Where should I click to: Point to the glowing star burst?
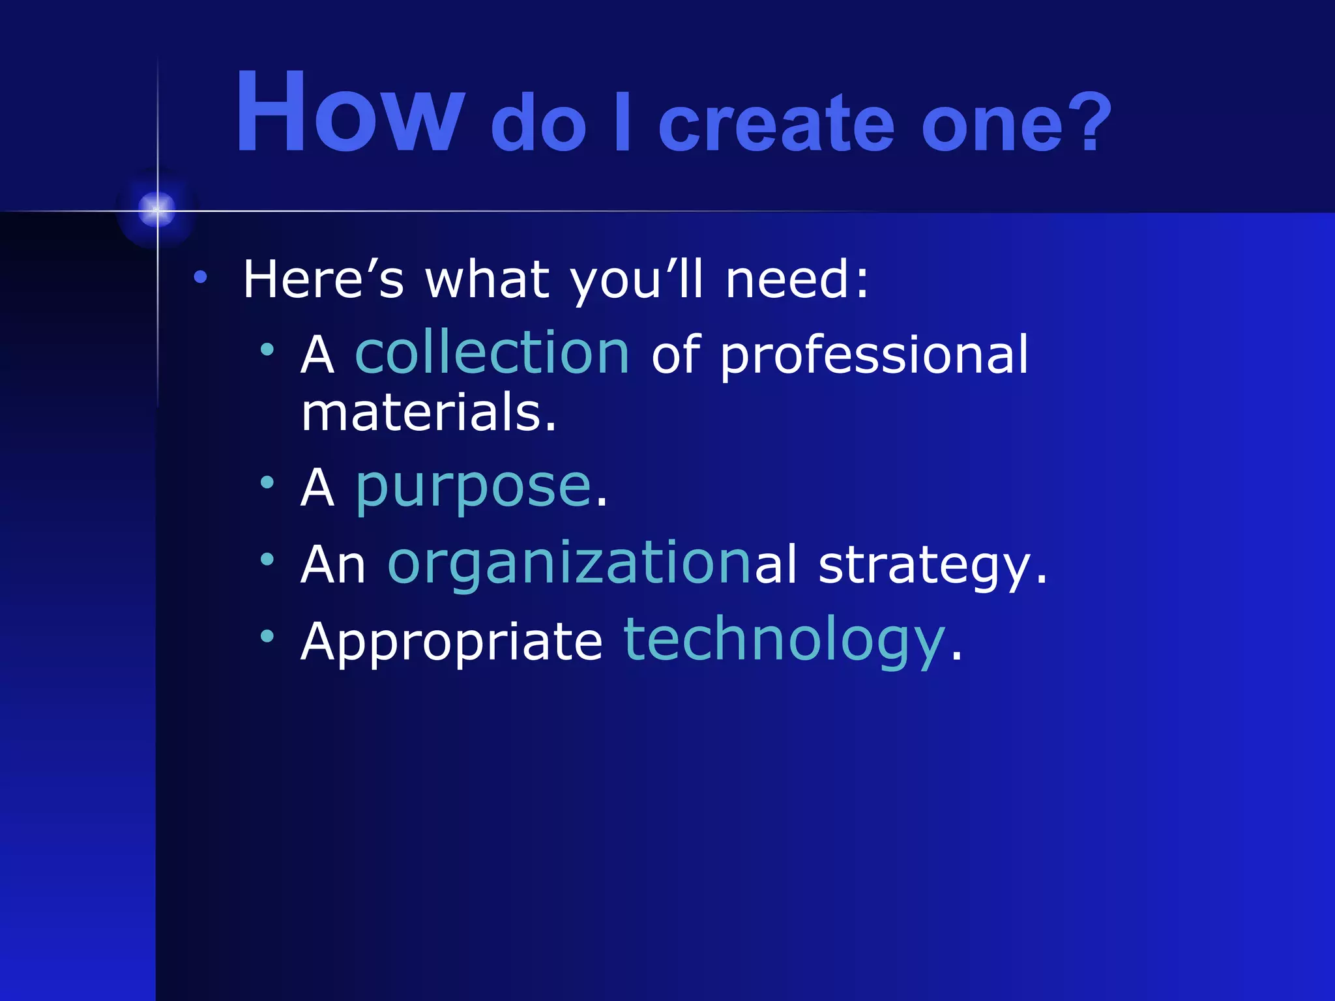[x=156, y=210]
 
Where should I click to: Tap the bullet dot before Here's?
[x=200, y=278]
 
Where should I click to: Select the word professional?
[x=873, y=356]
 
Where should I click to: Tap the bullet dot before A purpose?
[x=267, y=483]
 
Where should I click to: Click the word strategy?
[x=932, y=566]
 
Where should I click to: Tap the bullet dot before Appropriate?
[x=267, y=636]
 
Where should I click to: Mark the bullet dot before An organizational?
[x=267, y=559]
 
